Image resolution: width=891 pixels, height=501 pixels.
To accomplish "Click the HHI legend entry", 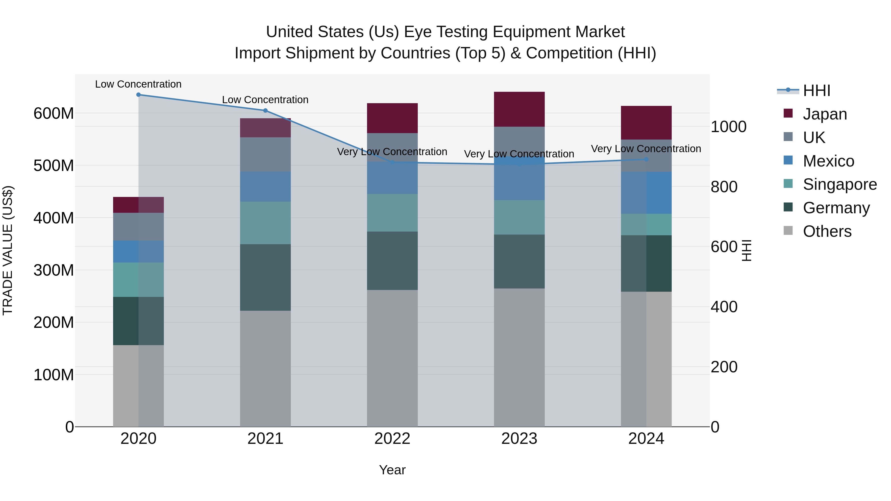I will [x=816, y=91].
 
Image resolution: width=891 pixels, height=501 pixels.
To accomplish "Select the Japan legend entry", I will [x=825, y=114].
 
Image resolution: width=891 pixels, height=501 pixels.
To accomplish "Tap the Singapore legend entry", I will [x=840, y=184].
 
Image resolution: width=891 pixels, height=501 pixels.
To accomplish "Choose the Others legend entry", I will [x=827, y=231].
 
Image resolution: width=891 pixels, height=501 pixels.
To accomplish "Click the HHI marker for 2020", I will [x=138, y=95].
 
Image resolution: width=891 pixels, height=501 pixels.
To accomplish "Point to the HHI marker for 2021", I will [x=265, y=111].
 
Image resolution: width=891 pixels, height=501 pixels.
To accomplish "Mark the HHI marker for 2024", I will [x=646, y=159].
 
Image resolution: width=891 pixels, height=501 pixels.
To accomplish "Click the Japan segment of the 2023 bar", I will [x=519, y=109].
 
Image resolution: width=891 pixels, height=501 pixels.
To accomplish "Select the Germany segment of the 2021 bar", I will [x=265, y=277].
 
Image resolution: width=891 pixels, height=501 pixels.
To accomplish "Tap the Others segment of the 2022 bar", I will [x=392, y=358].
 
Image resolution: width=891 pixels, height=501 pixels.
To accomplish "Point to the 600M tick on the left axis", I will [x=54, y=113].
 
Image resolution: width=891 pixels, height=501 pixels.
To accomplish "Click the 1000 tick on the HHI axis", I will [x=728, y=127].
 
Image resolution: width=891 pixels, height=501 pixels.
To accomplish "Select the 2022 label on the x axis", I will [x=392, y=439].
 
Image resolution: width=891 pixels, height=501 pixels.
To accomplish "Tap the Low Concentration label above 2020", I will [x=138, y=84].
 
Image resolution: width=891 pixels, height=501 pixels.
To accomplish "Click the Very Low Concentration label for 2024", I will [x=646, y=149].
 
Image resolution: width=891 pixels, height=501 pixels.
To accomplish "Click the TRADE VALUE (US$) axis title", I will [x=8, y=250].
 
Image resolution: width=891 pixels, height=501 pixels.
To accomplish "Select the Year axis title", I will [x=392, y=470].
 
